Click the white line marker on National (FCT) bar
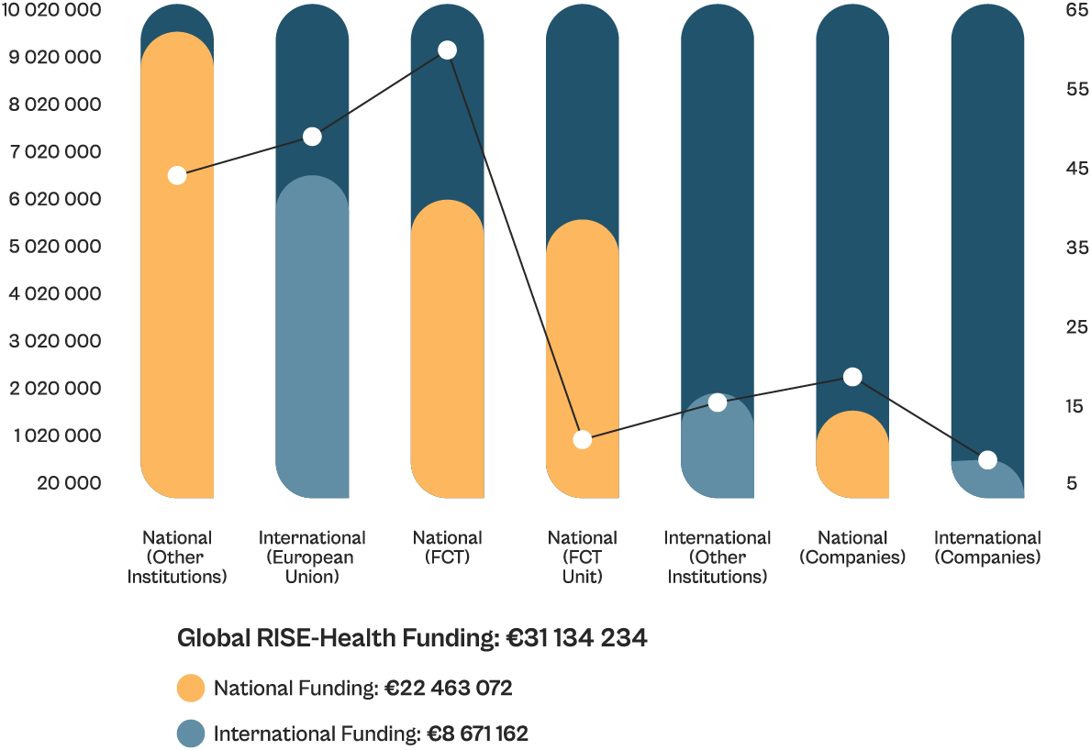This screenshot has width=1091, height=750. tap(447, 50)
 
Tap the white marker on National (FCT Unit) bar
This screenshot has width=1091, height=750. tap(583, 439)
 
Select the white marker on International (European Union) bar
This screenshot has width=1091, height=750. tap(312, 137)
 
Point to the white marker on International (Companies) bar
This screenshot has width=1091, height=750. tap(987, 460)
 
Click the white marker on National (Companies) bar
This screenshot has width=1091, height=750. tap(852, 377)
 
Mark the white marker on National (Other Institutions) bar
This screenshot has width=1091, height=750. tap(177, 175)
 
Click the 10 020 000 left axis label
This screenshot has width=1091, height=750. tap(51, 11)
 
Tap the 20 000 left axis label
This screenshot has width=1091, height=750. tap(69, 483)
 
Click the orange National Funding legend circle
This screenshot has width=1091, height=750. tap(191, 688)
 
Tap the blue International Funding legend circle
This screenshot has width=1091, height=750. tap(191, 733)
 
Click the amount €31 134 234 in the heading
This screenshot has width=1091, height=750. tap(577, 638)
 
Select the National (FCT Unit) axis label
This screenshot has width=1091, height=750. tap(583, 557)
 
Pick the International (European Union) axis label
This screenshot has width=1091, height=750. tap(312, 557)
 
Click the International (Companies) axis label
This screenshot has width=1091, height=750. tap(987, 547)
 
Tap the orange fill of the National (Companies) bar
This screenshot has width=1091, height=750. tap(852, 458)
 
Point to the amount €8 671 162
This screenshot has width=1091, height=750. tap(477, 733)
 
